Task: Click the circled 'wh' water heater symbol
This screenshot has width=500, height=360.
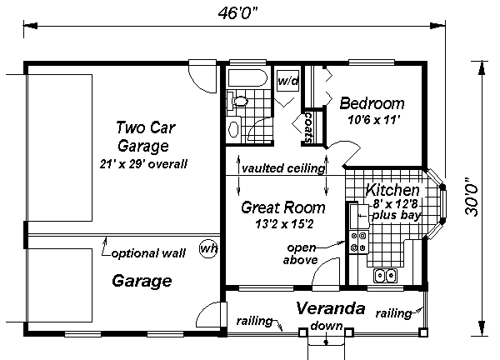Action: tap(208, 249)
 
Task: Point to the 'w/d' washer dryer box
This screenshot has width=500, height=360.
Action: tap(288, 82)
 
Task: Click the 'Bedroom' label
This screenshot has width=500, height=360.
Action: tap(372, 104)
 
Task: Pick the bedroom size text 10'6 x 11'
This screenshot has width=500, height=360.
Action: tap(373, 120)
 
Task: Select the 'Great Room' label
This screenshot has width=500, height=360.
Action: tap(282, 207)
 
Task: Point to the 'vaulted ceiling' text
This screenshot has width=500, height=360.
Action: tap(283, 168)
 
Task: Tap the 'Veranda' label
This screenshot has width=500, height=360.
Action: tap(331, 308)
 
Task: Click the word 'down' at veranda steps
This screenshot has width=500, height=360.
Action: tap(325, 325)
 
